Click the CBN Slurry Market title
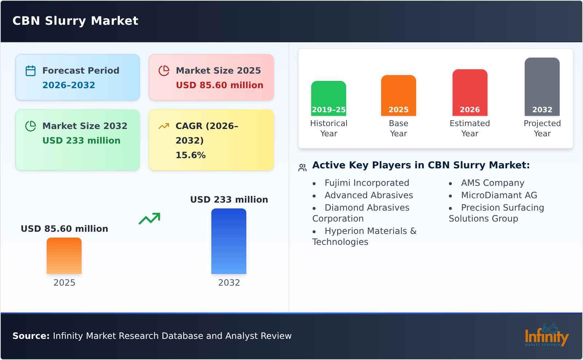pyautogui.click(x=75, y=21)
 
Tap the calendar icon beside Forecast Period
pyautogui.click(x=31, y=71)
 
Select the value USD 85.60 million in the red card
pyautogui.click(x=219, y=85)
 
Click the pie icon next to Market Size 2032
pyautogui.click(x=31, y=126)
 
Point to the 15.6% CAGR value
pyautogui.click(x=191, y=155)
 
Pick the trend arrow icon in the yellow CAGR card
pyautogui.click(x=164, y=126)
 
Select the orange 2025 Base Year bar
pyautogui.click(x=398, y=95)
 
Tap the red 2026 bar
pyautogui.click(x=470, y=93)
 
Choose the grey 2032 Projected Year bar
pyautogui.click(x=542, y=87)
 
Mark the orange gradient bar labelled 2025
pyautogui.click(x=64, y=256)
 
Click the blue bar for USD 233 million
pyautogui.click(x=229, y=241)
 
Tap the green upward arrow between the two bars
pyautogui.click(x=149, y=219)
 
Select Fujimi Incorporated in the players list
pyautogui.click(x=367, y=183)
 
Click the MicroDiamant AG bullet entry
pyautogui.click(x=499, y=195)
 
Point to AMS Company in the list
pyautogui.click(x=493, y=183)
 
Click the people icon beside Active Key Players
pyautogui.click(x=302, y=168)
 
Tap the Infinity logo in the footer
pyautogui.click(x=546, y=336)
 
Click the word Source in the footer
pyautogui.click(x=31, y=336)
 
